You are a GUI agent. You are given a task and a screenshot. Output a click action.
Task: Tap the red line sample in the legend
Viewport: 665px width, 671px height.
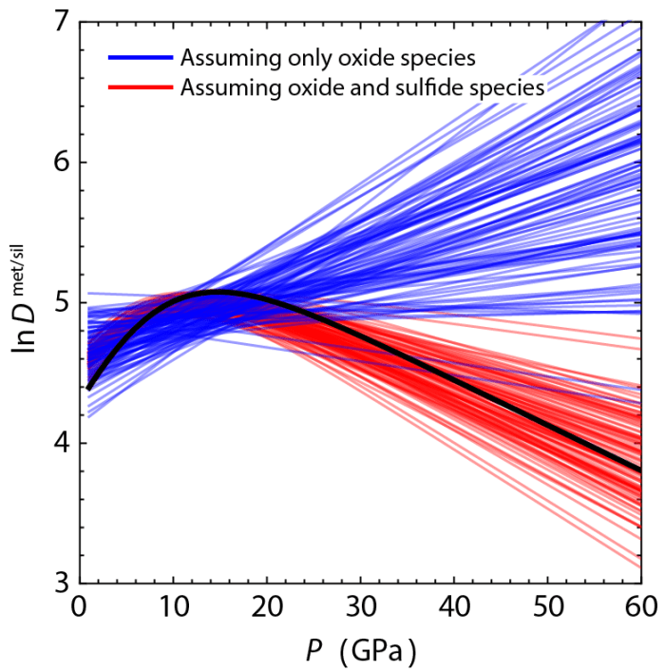pos(140,87)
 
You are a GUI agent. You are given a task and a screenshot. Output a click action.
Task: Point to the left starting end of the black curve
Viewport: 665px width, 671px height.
pos(88,388)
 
